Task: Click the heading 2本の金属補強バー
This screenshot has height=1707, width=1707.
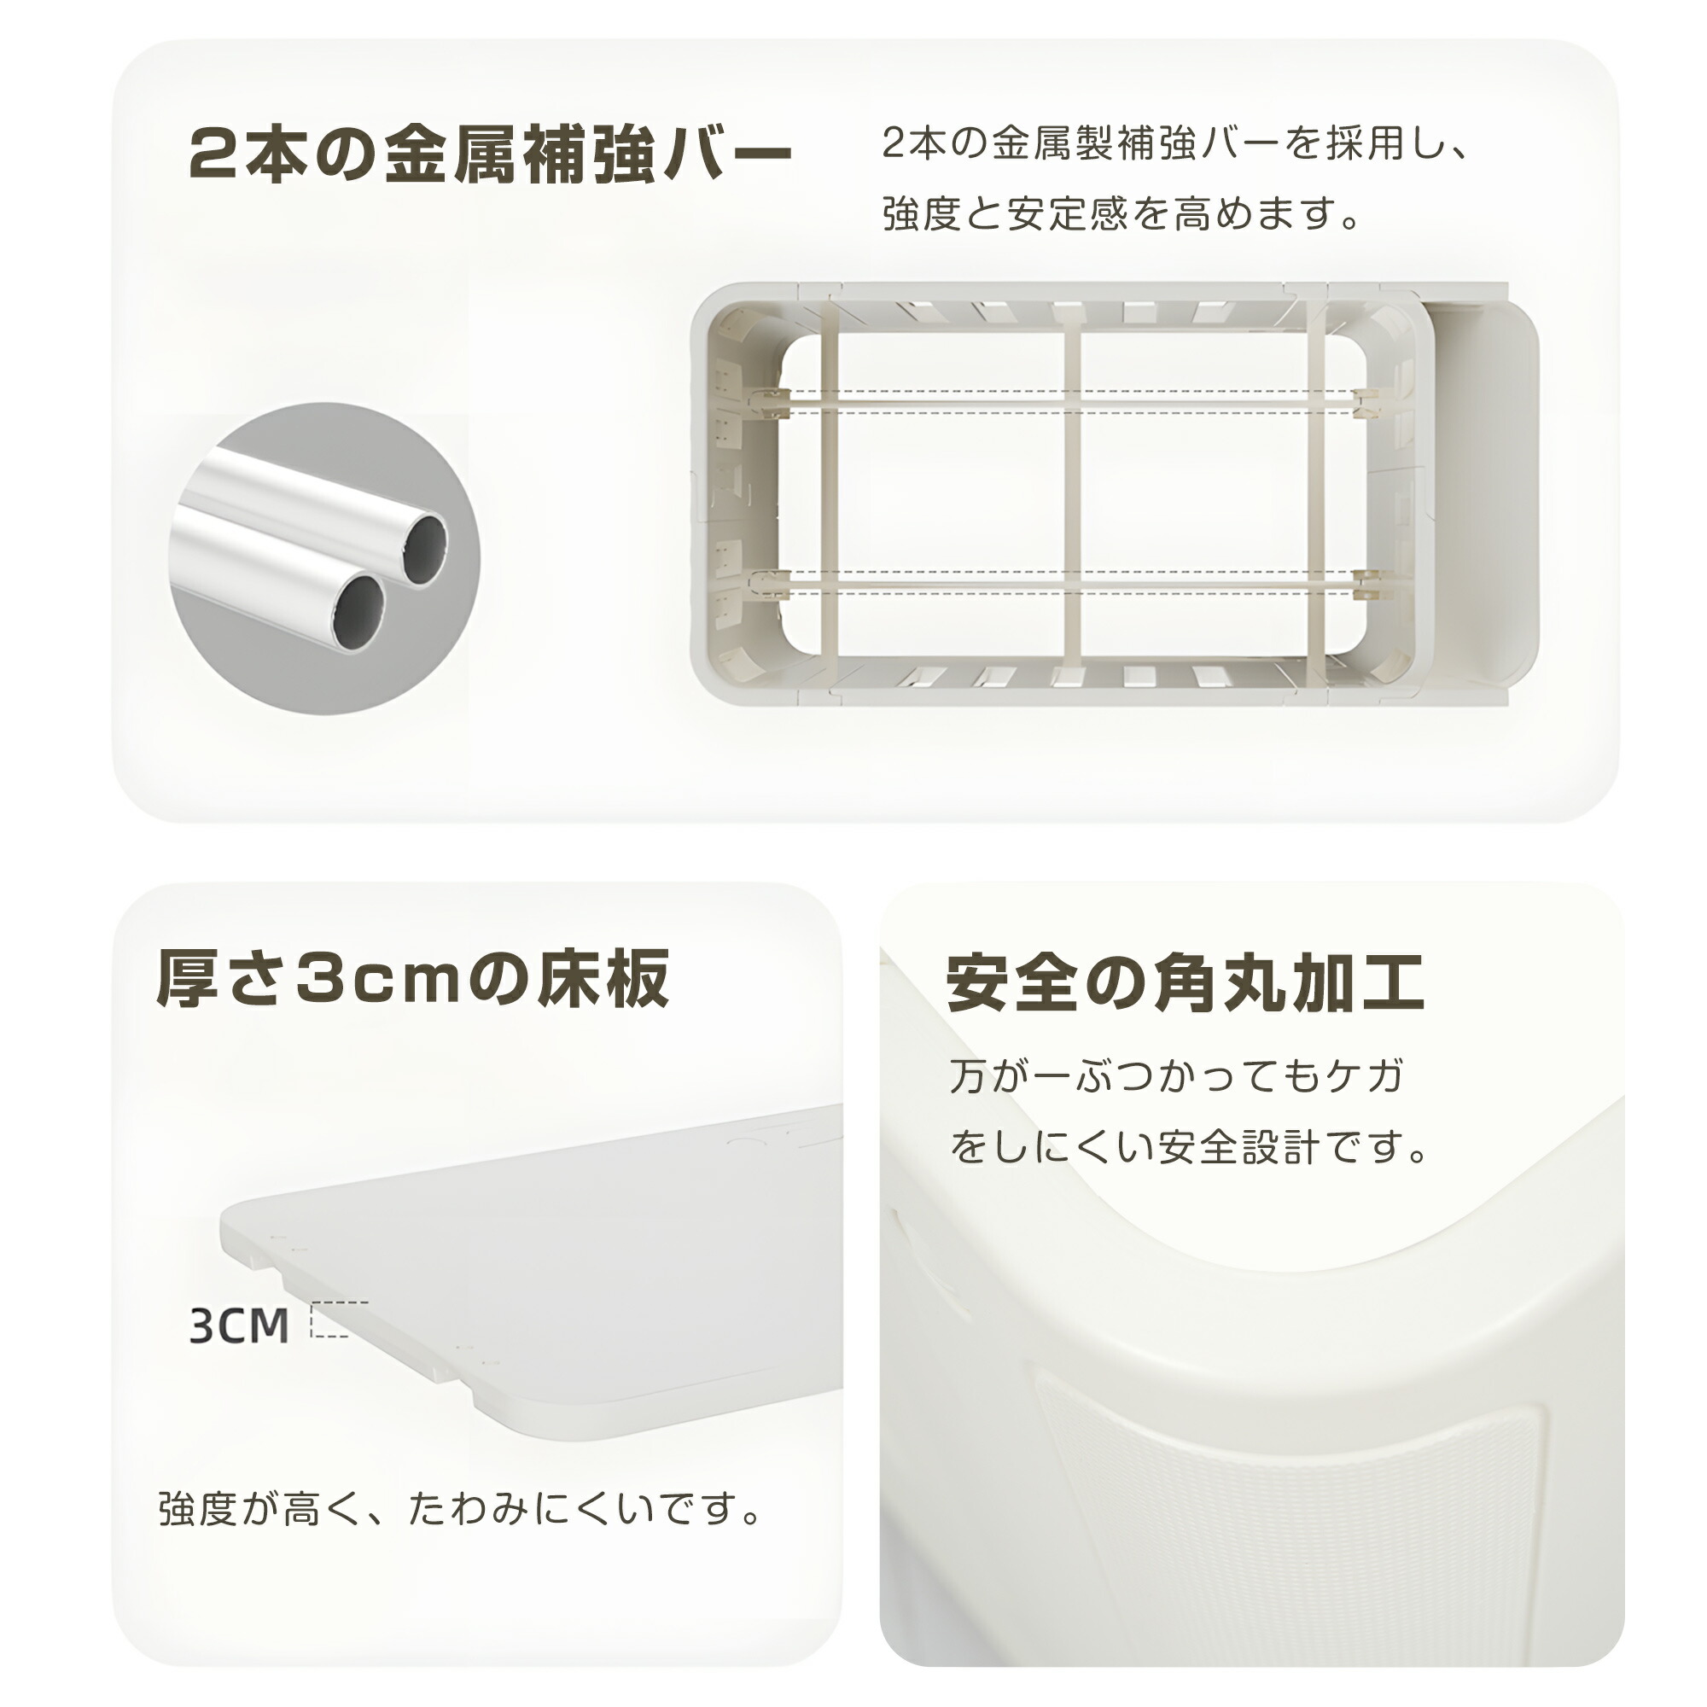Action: pyautogui.click(x=491, y=154)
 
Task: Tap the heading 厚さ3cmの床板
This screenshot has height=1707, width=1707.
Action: pyautogui.click(x=413, y=979)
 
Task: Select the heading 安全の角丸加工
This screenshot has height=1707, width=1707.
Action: pyautogui.click(x=1185, y=982)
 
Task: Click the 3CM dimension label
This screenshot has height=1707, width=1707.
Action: pyautogui.click(x=240, y=1325)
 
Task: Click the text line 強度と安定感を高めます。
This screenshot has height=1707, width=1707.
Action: pyautogui.click(x=1122, y=214)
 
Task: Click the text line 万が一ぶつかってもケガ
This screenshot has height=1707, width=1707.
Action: pyautogui.click(x=1176, y=1075)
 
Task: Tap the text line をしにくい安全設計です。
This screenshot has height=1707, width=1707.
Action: pyautogui.click(x=1189, y=1147)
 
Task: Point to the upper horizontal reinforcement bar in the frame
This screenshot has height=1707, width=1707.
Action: pyautogui.click(x=1070, y=403)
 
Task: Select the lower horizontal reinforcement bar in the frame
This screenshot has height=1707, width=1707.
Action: pyautogui.click(x=1070, y=581)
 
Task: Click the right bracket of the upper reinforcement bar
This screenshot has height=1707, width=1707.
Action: pyautogui.click(x=1367, y=403)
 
